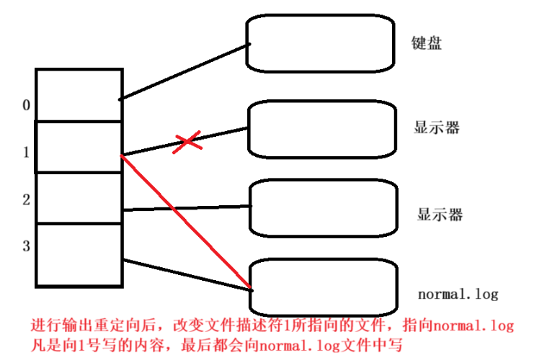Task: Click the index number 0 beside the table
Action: (26, 106)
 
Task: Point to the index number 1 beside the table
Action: (26, 153)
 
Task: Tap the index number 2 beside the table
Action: (26, 199)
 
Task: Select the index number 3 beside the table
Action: (26, 246)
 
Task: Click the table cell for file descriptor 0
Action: (79, 95)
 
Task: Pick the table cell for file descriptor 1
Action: (79, 147)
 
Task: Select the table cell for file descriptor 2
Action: (79, 198)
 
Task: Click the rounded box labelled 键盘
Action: (321, 42)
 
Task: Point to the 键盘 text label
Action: (427, 43)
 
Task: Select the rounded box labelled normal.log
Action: (324, 285)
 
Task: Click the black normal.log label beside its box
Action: (458, 294)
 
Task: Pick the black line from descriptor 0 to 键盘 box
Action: (184, 71)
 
